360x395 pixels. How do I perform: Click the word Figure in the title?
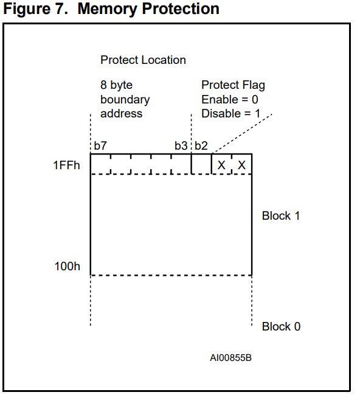tap(27, 9)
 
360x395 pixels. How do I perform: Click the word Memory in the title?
tap(107, 9)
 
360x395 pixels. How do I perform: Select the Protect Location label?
tap(143, 60)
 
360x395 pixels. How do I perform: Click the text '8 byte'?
tap(116, 85)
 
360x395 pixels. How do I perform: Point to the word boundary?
tap(125, 99)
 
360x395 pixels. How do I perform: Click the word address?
tap(122, 114)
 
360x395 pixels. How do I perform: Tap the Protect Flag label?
tap(233, 85)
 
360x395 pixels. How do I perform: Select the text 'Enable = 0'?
tap(230, 99)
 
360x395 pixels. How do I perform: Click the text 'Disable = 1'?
tap(231, 114)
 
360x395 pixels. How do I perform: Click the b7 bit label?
tap(100, 145)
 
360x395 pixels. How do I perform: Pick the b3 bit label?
tap(181, 145)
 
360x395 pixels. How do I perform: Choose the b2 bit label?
tap(201, 145)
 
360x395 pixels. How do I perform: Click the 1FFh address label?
tap(66, 166)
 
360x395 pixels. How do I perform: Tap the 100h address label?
tap(67, 266)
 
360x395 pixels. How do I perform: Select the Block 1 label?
tap(281, 216)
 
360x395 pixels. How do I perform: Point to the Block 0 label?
tap(281, 326)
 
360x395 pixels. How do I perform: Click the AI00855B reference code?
tap(230, 358)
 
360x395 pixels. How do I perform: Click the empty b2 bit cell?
tap(201, 164)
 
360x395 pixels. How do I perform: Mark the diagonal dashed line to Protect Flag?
tap(242, 133)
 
